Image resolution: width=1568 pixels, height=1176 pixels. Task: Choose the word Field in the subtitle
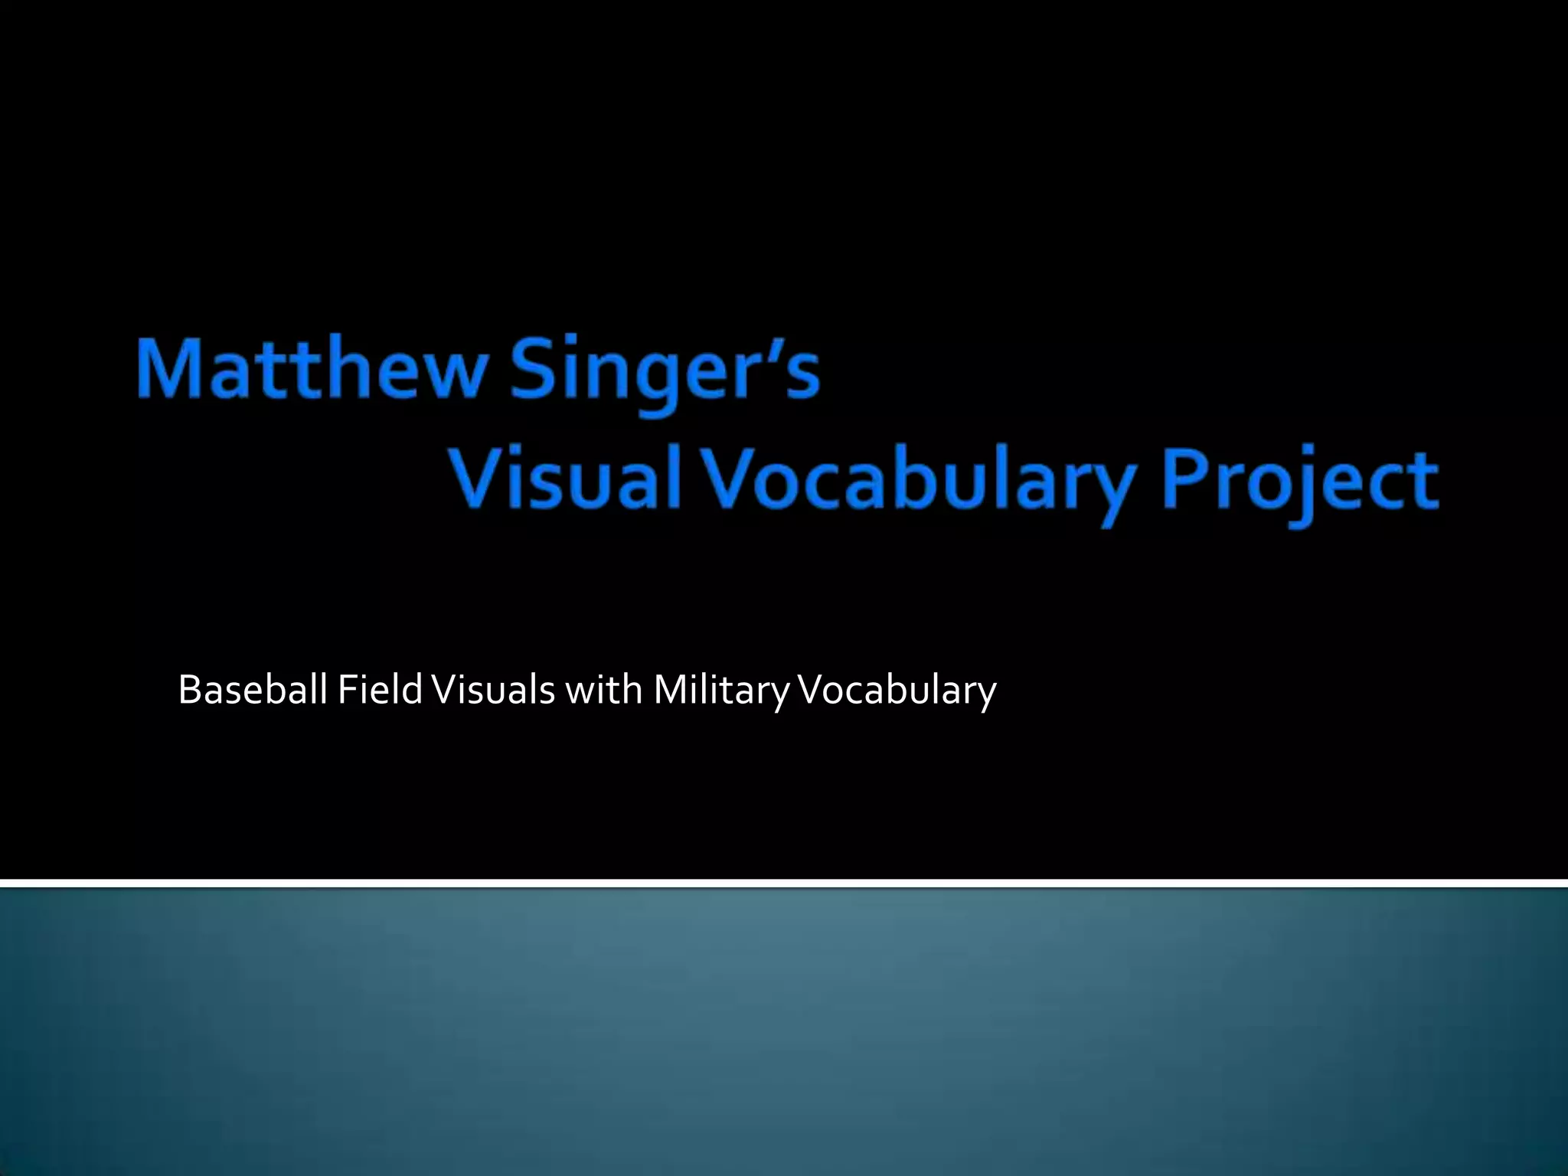click(x=380, y=690)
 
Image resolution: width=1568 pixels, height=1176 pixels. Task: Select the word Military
click(x=720, y=691)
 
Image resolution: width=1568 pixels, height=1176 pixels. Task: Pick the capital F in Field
click(x=345, y=690)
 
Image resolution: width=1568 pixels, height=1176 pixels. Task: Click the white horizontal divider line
click(x=784, y=884)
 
